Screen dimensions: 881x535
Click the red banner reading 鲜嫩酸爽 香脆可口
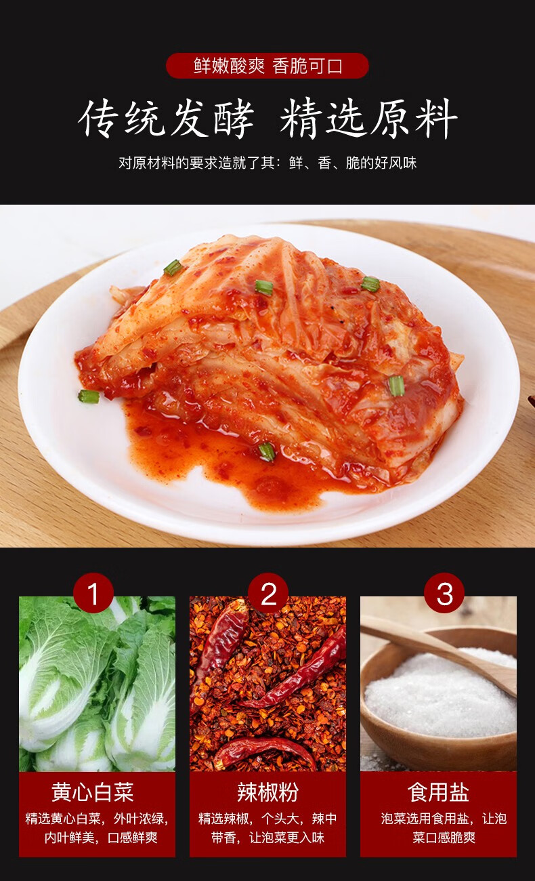pos(267,66)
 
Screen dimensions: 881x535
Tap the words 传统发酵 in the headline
pos(166,120)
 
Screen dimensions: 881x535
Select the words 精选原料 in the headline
pos(369,120)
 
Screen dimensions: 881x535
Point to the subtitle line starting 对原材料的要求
pos(267,163)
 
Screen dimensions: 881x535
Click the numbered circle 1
pos(93,594)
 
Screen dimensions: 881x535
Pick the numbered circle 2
pos(268,594)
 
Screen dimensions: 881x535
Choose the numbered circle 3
pos(444,594)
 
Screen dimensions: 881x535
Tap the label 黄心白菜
pos(93,792)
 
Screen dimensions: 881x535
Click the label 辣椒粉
pos(267,792)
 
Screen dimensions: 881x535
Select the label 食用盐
pos(438,792)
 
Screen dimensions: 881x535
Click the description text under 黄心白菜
pos(97,827)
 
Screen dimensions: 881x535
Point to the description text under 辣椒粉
pos(267,827)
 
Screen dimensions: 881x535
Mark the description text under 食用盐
pos(444,827)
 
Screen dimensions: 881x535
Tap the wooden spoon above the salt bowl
pos(433,647)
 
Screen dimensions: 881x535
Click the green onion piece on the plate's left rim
pos(88,396)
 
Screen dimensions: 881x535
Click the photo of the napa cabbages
pos(97,684)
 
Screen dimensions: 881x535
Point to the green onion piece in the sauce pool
pos(267,451)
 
